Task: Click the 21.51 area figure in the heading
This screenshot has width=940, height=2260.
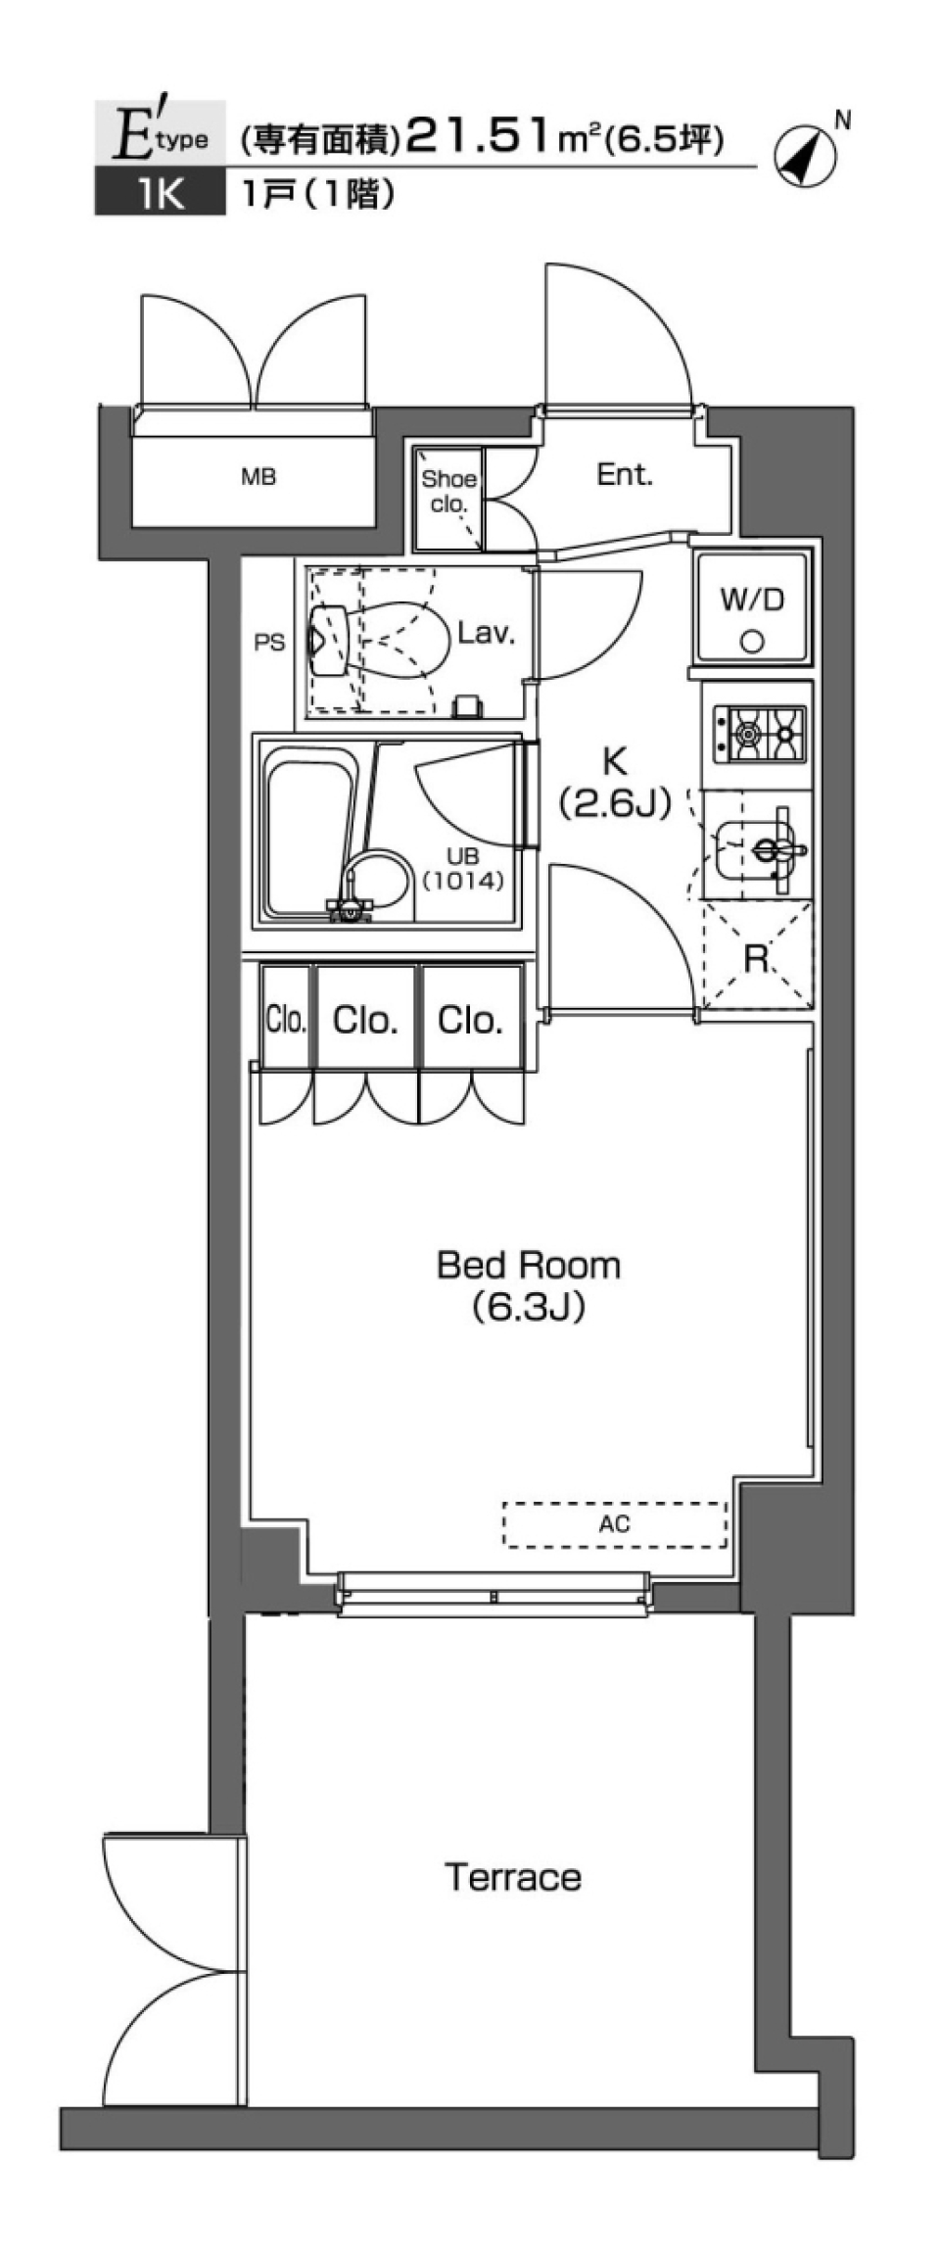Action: [479, 138]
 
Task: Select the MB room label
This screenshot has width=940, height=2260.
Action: [258, 477]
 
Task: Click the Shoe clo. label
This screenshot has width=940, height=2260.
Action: [448, 492]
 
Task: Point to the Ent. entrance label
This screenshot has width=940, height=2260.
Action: [624, 475]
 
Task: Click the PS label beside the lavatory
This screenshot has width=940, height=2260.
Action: [269, 643]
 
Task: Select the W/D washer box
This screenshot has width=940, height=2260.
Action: [752, 606]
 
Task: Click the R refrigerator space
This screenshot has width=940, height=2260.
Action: [756, 958]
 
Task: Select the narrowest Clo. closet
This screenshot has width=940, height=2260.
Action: [286, 1020]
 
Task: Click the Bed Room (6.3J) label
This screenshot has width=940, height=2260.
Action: [528, 1284]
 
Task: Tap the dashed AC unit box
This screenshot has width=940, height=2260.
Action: [615, 1524]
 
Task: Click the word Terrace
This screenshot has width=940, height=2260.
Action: [513, 1877]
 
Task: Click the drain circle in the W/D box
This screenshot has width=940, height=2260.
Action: [752, 642]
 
